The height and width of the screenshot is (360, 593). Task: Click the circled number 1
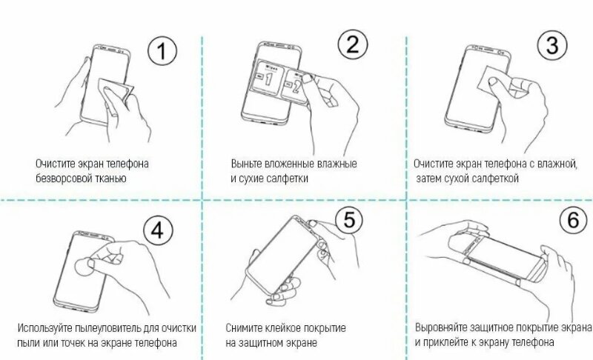click(162, 51)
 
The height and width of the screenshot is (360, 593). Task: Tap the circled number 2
click(353, 44)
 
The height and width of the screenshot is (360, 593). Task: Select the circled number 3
click(552, 45)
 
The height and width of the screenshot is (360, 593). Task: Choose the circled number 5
click(348, 219)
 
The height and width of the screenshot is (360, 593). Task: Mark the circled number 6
click(573, 220)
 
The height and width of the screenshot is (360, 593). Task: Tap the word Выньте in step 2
click(246, 164)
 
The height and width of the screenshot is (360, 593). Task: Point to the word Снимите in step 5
click(242, 328)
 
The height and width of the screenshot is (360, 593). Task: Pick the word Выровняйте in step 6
click(440, 327)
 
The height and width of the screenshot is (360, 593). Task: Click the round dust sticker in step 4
click(85, 267)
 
